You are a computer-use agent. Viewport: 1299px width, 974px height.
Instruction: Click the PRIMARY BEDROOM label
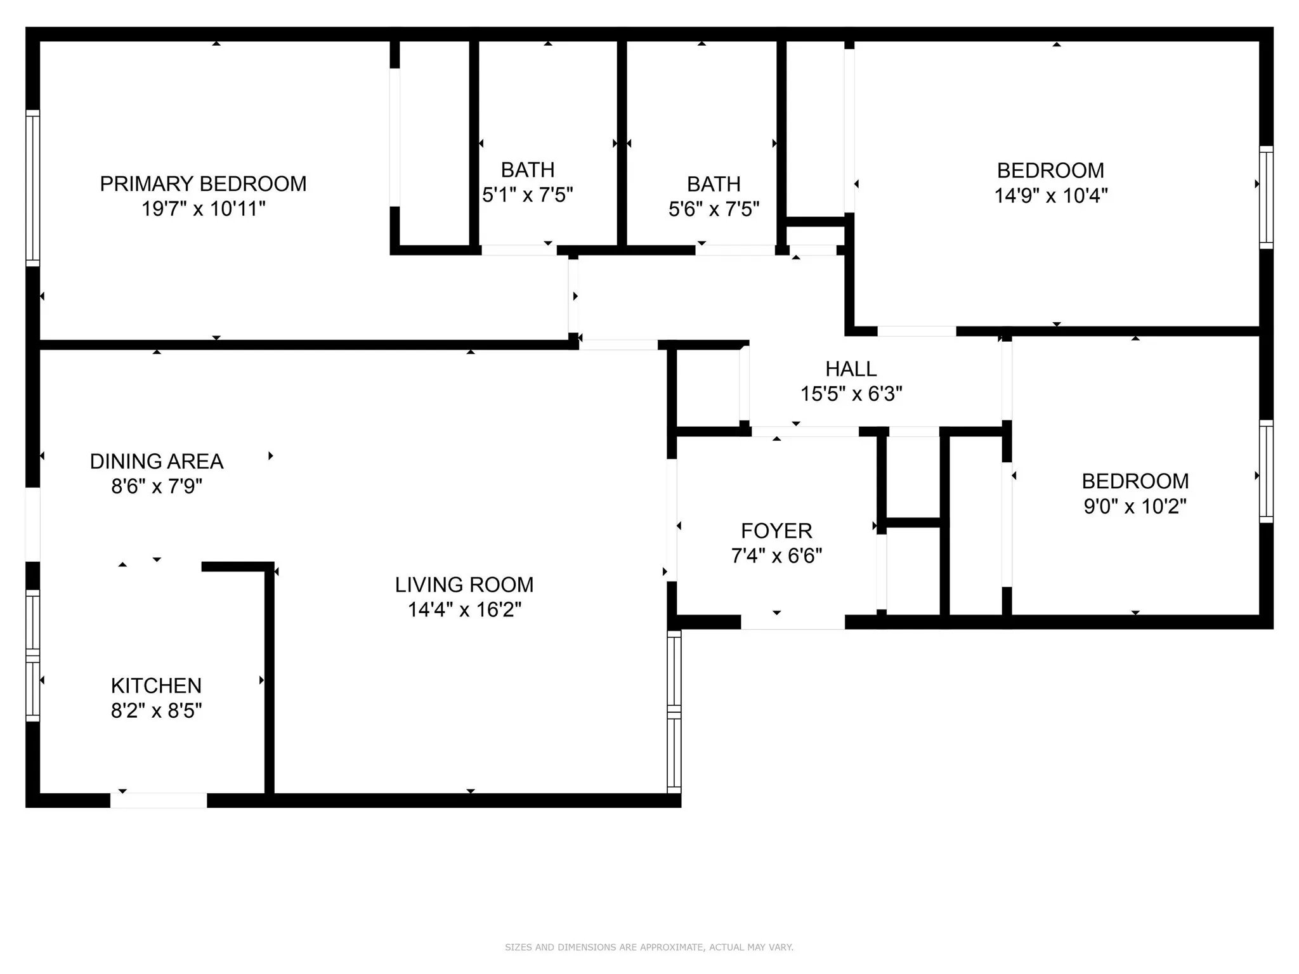point(203,184)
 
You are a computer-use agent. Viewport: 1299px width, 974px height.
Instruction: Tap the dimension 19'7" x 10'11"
point(203,209)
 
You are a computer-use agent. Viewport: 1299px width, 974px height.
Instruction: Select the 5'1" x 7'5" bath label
point(528,195)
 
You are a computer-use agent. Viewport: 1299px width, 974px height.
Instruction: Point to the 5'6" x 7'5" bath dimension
point(714,209)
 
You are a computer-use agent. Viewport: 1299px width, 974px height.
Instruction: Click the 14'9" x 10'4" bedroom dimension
point(1050,195)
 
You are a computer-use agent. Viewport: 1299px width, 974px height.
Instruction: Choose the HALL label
point(851,368)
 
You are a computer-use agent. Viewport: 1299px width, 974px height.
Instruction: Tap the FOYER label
point(776,531)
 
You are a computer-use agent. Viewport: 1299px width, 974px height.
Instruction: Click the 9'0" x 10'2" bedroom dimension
point(1135,507)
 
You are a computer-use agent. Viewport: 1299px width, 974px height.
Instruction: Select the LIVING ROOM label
point(464,585)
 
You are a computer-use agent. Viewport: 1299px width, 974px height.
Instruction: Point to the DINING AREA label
point(157,462)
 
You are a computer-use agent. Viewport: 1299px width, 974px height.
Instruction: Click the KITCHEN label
point(156,685)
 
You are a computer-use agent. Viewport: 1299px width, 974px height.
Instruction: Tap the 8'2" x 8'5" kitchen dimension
point(156,711)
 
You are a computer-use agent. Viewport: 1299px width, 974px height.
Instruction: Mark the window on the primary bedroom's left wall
point(32,188)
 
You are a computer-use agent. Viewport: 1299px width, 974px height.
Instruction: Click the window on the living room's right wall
point(674,711)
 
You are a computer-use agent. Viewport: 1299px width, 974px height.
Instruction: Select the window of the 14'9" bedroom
point(1266,197)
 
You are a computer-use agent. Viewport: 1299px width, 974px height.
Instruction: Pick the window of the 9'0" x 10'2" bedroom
point(1266,471)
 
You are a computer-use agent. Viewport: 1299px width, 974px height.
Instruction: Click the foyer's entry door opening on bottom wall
point(793,622)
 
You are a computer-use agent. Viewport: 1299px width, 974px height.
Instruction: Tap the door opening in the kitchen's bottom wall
point(159,800)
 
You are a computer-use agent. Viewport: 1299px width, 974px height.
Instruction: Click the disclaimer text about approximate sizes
point(649,947)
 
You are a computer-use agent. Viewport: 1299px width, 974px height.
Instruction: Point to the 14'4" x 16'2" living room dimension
point(464,610)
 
